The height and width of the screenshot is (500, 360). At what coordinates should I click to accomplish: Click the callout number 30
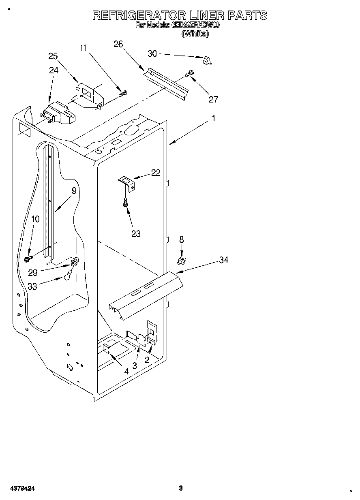152,53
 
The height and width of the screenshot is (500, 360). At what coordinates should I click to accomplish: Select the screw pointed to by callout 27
189,74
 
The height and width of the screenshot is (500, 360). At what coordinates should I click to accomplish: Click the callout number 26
118,44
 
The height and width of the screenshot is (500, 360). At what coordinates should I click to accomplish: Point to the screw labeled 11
123,94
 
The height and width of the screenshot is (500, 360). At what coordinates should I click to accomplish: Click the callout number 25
53,56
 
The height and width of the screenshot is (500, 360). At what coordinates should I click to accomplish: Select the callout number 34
223,260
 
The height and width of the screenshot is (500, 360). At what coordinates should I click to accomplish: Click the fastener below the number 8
182,259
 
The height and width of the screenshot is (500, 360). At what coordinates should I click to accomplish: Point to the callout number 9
74,190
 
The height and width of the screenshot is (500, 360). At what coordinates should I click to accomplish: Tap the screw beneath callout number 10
29,258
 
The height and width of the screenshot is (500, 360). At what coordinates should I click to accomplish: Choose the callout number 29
33,273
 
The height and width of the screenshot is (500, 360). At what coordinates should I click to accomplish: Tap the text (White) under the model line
196,34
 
